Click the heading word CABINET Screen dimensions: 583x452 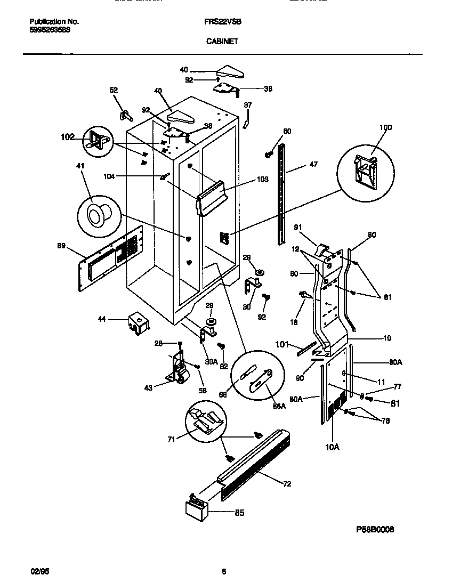tap(222, 40)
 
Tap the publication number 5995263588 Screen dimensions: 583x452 tap(50, 30)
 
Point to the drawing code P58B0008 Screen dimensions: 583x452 tap(375, 530)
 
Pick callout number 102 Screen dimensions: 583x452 tap(68, 136)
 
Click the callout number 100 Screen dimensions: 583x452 tap(385, 127)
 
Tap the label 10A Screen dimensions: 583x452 tap(332, 447)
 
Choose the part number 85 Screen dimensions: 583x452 tap(239, 513)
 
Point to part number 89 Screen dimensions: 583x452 tap(62, 246)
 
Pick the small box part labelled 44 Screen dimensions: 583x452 tap(138, 324)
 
